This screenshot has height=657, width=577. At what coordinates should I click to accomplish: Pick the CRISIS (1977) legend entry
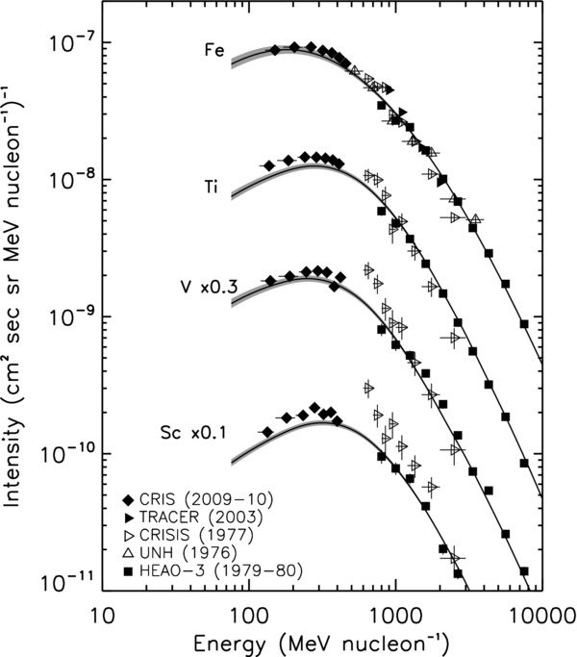pos(192,535)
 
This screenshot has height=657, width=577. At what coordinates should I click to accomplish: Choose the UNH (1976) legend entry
pos(183,553)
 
